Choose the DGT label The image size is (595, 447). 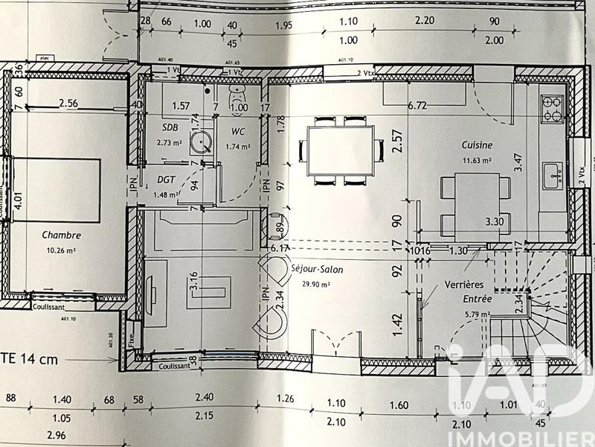point(166,180)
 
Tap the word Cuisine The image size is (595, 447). point(477,146)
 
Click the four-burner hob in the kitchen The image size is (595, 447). point(553,108)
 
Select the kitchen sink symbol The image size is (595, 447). point(553,175)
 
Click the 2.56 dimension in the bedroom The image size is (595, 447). point(68,103)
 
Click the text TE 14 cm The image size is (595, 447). point(30,360)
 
